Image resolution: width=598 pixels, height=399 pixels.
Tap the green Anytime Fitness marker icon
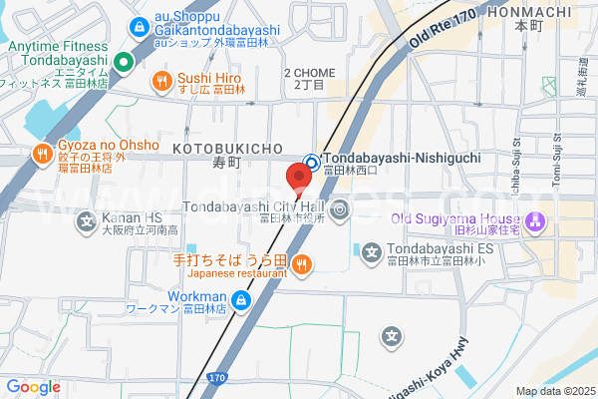(124, 64)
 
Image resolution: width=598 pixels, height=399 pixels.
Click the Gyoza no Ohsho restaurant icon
(42, 153)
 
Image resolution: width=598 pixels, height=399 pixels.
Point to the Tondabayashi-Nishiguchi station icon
(311, 161)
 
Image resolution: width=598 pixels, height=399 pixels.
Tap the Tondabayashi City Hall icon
(340, 208)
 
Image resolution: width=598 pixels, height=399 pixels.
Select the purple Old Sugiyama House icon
(536, 219)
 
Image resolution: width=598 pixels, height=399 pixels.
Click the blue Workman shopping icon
(241, 299)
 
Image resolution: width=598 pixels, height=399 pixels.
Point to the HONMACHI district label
(530, 12)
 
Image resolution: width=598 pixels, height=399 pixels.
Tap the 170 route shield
(217, 379)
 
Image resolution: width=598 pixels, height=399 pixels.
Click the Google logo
(33, 387)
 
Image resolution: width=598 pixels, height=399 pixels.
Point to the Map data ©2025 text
(555, 391)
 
